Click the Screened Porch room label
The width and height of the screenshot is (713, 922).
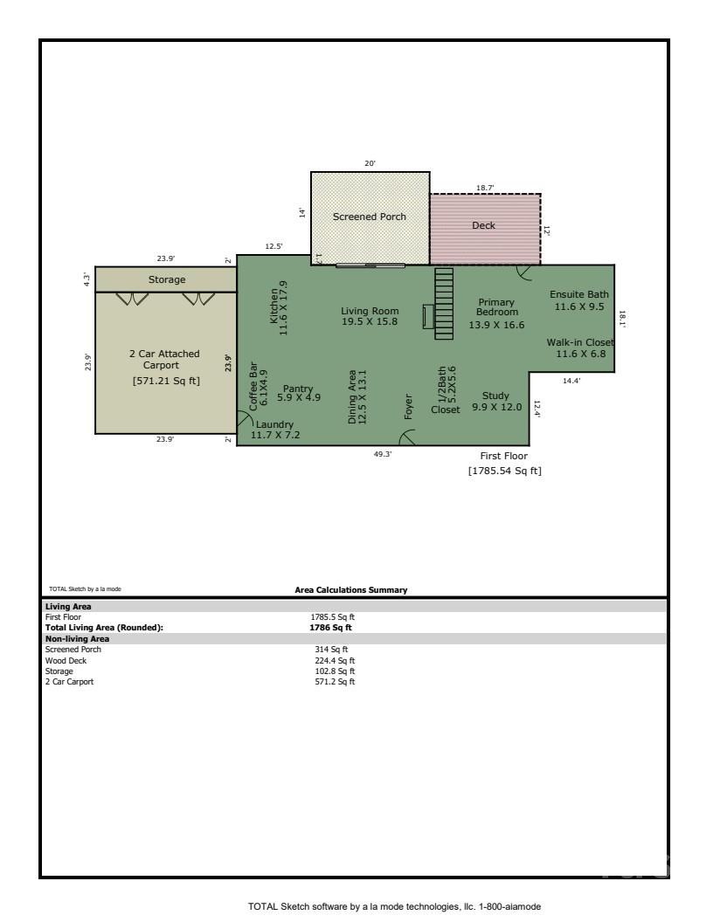coord(369,217)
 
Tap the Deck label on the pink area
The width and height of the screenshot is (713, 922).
coord(483,225)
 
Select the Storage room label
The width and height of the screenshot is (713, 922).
coord(166,280)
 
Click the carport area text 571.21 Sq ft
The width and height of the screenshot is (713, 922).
coord(166,381)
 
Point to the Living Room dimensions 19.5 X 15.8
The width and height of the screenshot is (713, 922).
coord(370,322)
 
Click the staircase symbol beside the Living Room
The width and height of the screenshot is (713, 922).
coord(444,303)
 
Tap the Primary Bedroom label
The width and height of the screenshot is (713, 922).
coord(496,307)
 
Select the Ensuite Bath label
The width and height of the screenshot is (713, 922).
coord(578,295)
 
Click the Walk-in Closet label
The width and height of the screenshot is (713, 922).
coord(580,342)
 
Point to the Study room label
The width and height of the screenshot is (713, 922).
coord(495,396)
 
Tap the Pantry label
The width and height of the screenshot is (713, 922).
coord(298,389)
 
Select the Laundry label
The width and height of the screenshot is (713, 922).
coord(275,424)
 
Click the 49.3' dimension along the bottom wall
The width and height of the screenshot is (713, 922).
coord(383,454)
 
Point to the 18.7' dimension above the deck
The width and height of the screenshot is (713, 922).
coord(485,188)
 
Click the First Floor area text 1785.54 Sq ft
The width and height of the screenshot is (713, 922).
coord(504,471)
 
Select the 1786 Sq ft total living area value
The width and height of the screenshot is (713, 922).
coord(333,627)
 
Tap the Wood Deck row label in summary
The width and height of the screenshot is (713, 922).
coord(66,661)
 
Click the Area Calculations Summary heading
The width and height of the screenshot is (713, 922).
coord(351,590)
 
